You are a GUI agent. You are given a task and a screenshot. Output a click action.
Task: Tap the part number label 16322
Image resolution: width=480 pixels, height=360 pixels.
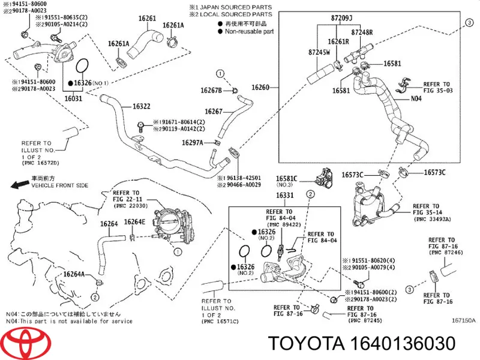pos(142,107)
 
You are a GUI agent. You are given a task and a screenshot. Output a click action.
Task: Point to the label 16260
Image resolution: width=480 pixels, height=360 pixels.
pos(260,88)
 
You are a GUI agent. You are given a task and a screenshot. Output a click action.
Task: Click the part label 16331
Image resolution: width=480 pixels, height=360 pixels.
pos(285,195)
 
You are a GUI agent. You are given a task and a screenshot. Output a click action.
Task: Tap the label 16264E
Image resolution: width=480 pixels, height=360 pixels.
pos(134,222)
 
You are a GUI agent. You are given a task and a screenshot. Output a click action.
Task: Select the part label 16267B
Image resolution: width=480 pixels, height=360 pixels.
pos(211,90)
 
